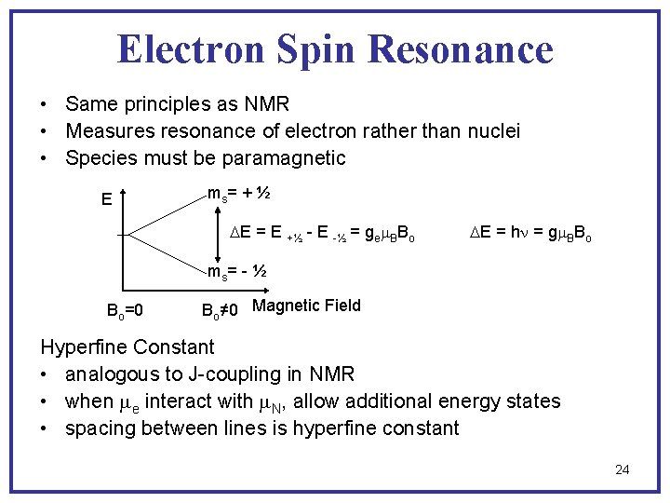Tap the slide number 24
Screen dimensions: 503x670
(x=622, y=469)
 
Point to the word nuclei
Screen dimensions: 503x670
(x=491, y=130)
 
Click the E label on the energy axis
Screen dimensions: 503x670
(x=107, y=198)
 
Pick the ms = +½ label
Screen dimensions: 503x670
(x=239, y=194)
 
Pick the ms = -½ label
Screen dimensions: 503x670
(x=237, y=272)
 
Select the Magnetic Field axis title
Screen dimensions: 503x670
(x=306, y=306)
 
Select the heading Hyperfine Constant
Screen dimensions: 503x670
(x=127, y=347)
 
